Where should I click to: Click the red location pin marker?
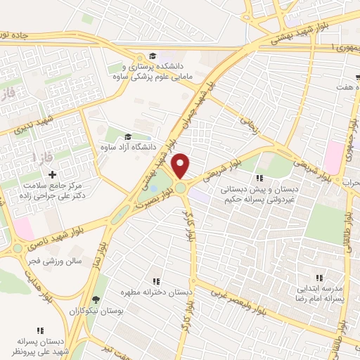click(x=181, y=166)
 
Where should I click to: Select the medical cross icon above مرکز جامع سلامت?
click(x=52, y=173)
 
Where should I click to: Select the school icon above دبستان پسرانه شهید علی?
click(x=39, y=330)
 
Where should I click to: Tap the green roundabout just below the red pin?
click(x=181, y=188)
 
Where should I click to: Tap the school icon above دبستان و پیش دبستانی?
click(x=259, y=179)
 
